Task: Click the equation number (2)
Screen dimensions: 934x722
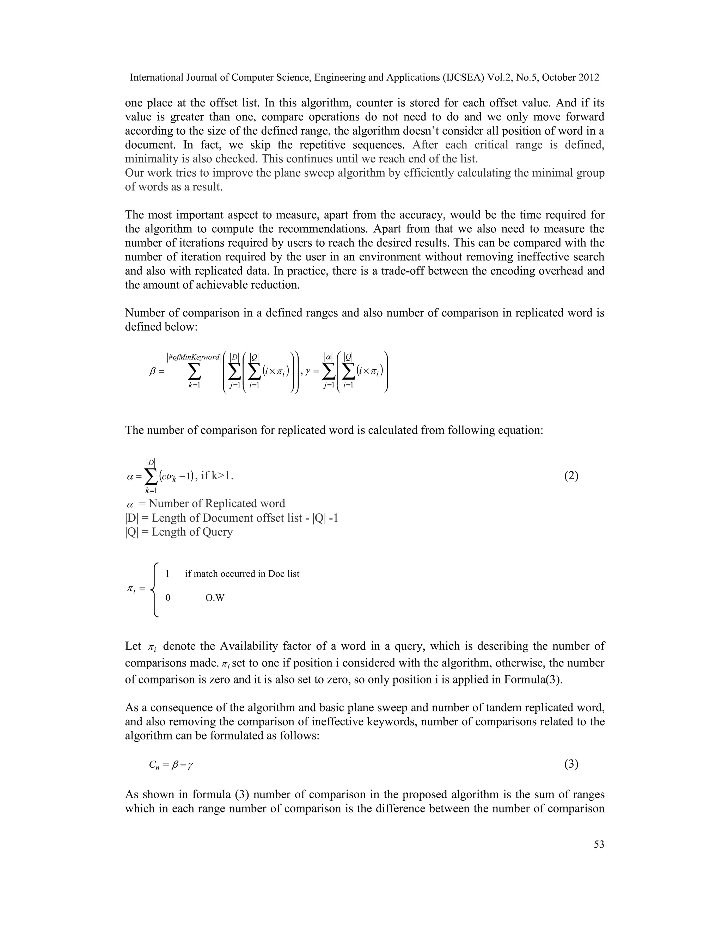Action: click(x=571, y=476)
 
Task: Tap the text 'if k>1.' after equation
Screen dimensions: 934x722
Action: click(x=217, y=475)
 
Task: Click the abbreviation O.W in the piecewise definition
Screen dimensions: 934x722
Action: click(x=215, y=598)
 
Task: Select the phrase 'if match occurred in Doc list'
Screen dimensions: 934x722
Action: click(x=242, y=574)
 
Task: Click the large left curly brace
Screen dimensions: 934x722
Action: click(x=156, y=589)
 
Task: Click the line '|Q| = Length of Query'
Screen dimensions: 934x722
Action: click(x=179, y=532)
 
